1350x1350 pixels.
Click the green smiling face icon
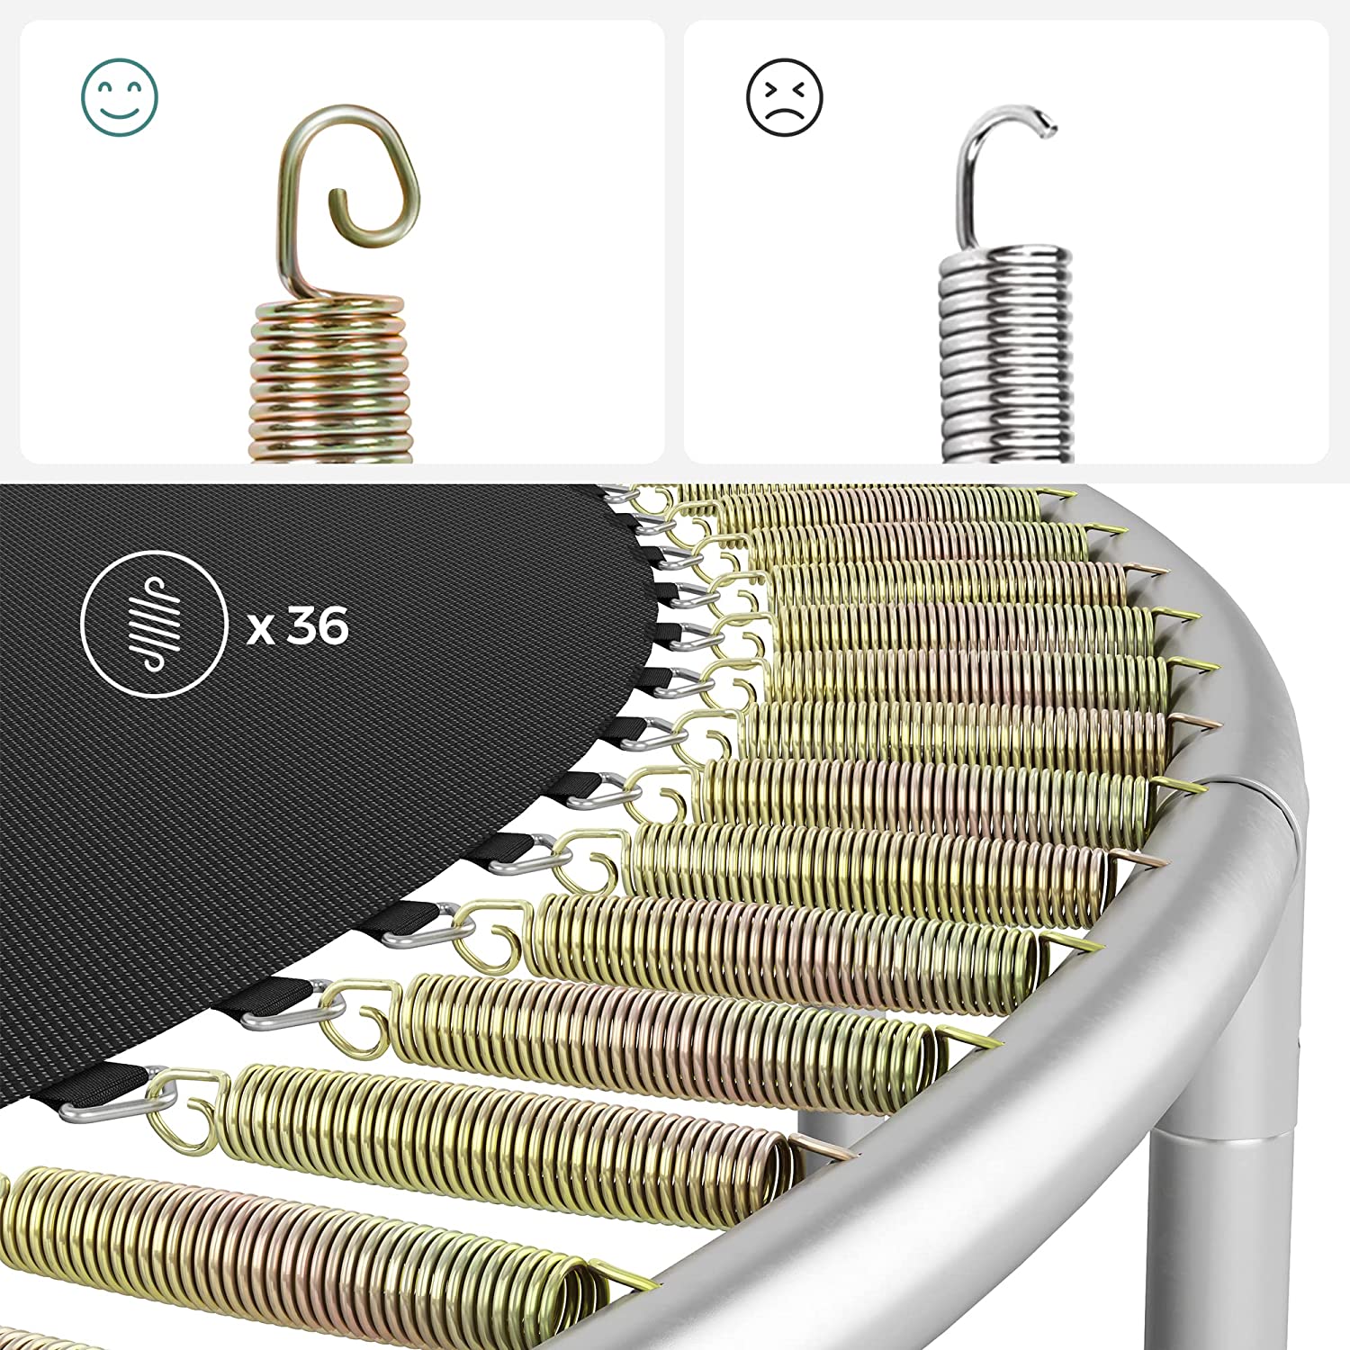tap(120, 97)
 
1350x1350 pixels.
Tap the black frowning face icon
tap(785, 97)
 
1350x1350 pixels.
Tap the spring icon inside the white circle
tap(153, 624)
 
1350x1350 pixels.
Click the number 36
tap(319, 625)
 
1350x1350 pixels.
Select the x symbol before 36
tap(261, 629)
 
